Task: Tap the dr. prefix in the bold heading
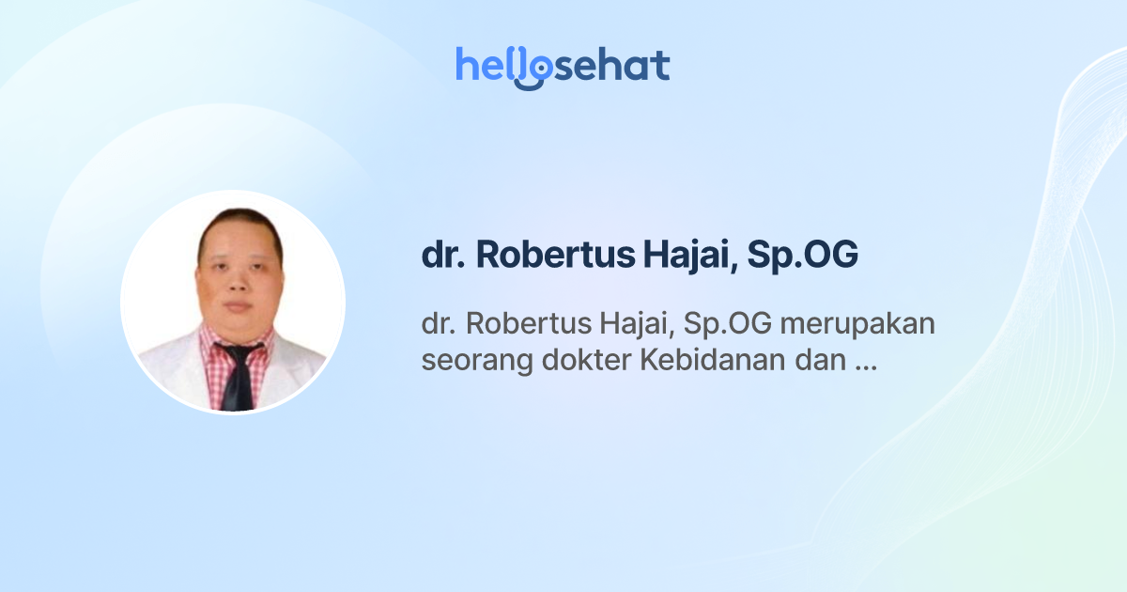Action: click(x=443, y=257)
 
